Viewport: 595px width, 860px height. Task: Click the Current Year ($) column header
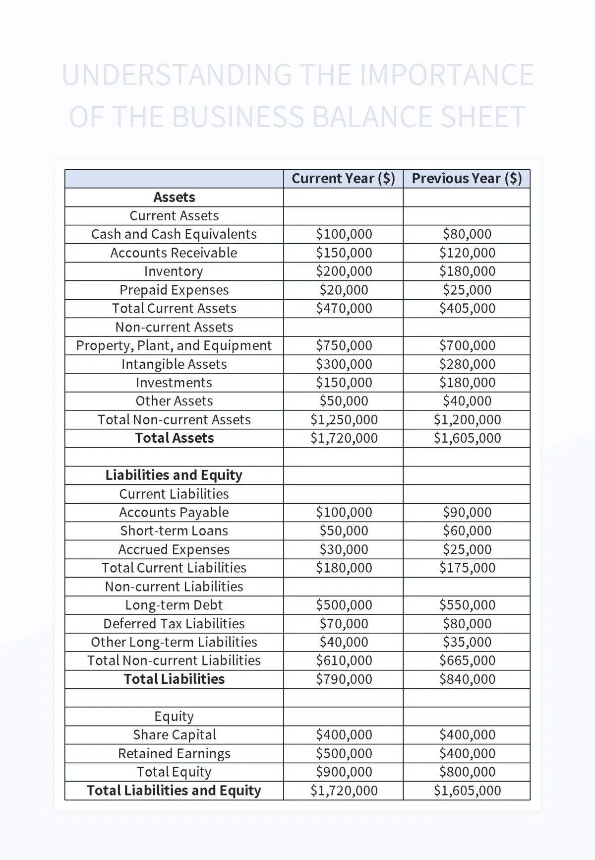click(343, 179)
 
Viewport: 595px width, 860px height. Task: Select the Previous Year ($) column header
click(467, 179)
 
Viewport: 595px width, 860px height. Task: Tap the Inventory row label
click(174, 271)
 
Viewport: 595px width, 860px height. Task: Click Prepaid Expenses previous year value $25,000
click(467, 290)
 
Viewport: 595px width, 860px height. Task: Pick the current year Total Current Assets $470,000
click(344, 308)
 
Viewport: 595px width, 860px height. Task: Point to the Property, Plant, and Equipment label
click(174, 345)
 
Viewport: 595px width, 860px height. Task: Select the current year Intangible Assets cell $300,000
click(344, 364)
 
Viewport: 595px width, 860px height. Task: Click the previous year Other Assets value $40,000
click(467, 401)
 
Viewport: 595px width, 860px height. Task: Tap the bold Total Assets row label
click(174, 438)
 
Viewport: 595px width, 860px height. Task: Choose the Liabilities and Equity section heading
click(174, 475)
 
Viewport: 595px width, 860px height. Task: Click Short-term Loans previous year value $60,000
click(467, 531)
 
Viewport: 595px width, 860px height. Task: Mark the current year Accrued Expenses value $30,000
click(344, 549)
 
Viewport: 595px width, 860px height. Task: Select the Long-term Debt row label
click(174, 605)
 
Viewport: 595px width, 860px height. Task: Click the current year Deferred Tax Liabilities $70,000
click(344, 624)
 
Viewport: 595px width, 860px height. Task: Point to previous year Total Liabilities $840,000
click(467, 679)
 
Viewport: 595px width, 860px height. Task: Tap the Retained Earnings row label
click(174, 753)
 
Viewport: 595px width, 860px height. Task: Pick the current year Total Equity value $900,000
click(344, 772)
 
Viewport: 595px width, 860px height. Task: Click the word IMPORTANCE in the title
click(446, 75)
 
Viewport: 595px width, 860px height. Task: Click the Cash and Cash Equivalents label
click(174, 234)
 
